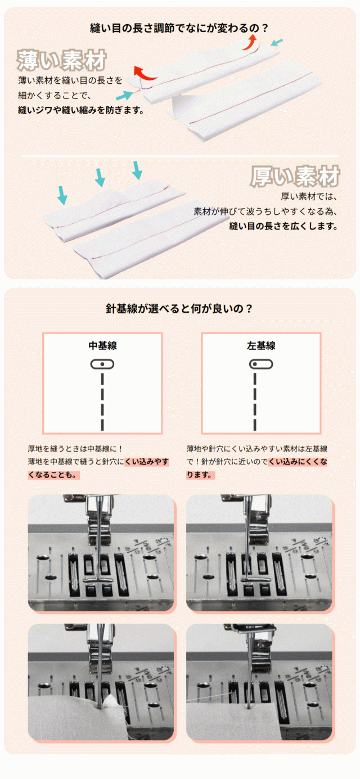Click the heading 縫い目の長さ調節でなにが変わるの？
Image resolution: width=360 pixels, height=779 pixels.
click(179, 28)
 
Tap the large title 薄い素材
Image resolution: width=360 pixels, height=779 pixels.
click(61, 60)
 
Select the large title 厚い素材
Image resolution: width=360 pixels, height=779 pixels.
click(295, 176)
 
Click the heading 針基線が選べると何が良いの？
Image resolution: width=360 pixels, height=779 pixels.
click(179, 308)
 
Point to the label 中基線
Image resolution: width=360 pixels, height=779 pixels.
click(102, 346)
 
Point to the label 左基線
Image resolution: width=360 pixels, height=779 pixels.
click(261, 346)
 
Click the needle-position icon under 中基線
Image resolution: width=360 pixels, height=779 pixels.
click(102, 364)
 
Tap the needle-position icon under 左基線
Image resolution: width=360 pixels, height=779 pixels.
click(261, 364)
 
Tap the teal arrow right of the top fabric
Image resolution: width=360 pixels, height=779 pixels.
click(277, 43)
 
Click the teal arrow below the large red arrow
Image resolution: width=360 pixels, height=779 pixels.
click(124, 95)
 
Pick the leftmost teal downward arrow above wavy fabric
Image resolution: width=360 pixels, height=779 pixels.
click(62, 195)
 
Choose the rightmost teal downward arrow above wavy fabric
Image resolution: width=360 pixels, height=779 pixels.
click(137, 170)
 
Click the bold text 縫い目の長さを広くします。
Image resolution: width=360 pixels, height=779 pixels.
click(283, 227)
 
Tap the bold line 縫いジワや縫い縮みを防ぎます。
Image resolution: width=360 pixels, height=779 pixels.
click(81, 110)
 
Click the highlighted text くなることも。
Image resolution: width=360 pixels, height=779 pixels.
click(53, 475)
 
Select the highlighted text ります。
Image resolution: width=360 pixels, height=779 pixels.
click(200, 475)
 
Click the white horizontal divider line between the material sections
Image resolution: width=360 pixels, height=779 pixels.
click(180, 156)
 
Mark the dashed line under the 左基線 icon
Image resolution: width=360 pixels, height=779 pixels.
click(255, 402)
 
